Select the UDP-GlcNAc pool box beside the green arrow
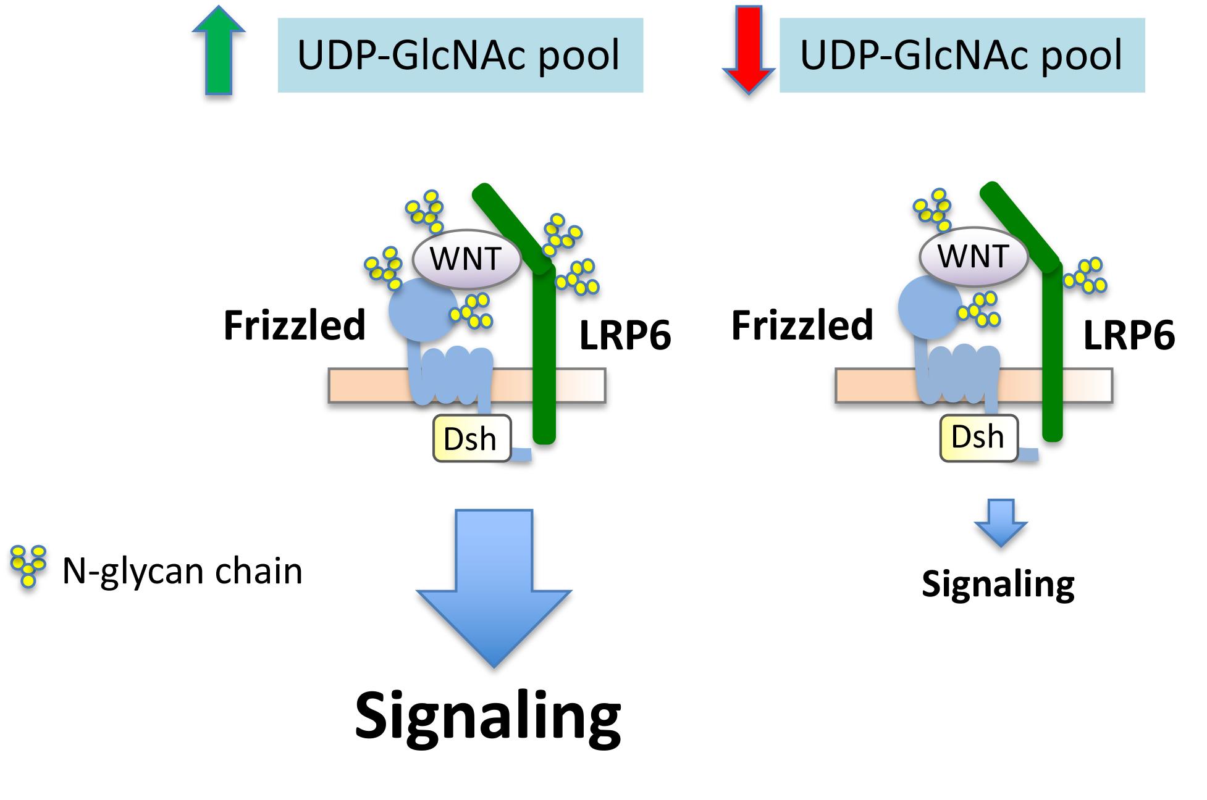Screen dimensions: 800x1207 coord(460,55)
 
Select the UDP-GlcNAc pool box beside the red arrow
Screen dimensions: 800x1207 coord(962,55)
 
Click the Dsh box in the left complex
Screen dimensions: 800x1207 coord(472,439)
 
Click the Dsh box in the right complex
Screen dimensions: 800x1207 coord(978,438)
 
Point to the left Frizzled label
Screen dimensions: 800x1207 coord(294,326)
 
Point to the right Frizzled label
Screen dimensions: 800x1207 coord(802,326)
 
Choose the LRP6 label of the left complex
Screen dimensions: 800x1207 coord(625,337)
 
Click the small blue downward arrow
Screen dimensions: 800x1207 coord(1001,522)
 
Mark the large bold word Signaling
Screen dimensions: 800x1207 coord(488,717)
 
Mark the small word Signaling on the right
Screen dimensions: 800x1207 coord(998,583)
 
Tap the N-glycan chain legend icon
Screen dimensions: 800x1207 coord(28,565)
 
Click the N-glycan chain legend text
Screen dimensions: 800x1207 coord(182,571)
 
